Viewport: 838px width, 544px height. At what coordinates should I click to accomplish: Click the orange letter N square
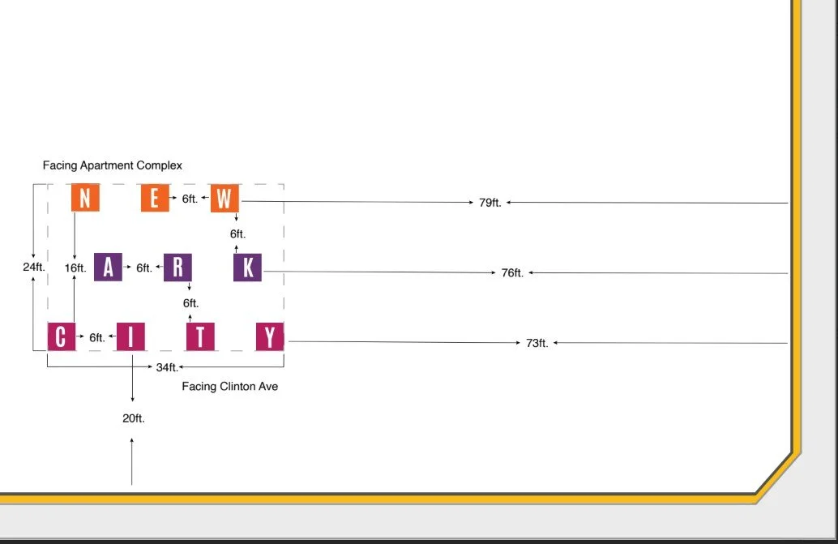coord(85,198)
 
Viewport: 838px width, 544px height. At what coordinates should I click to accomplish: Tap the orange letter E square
coord(155,198)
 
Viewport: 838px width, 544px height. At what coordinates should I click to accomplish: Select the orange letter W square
coord(224,198)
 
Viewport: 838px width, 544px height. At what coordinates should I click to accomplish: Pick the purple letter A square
coord(108,267)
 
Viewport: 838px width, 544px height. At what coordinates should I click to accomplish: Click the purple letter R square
coord(177,267)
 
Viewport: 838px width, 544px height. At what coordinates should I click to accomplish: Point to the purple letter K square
coord(247,267)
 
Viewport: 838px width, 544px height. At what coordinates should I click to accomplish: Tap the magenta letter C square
coord(61,336)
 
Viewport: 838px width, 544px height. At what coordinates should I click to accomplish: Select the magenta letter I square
coord(130,336)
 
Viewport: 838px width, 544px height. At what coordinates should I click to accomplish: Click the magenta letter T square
coord(200,336)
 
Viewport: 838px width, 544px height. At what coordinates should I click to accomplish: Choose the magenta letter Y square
coord(270,336)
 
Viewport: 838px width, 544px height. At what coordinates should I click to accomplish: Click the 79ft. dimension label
coord(490,203)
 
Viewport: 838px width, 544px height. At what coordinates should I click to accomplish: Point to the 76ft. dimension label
coord(512,273)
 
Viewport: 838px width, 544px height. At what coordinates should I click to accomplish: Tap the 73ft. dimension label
coord(537,343)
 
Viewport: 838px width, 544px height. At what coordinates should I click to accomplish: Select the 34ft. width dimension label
coord(167,367)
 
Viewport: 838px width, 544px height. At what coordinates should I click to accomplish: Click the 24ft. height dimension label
coord(33,267)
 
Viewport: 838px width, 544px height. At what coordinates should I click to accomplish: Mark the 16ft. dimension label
coord(75,268)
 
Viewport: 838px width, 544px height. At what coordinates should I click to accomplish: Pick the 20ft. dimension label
coord(133,418)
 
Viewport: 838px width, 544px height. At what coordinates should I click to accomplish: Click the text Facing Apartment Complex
coord(113,165)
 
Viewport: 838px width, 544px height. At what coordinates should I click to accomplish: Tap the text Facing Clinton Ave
coord(229,387)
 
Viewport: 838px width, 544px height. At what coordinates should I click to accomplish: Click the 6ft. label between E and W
coord(190,199)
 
